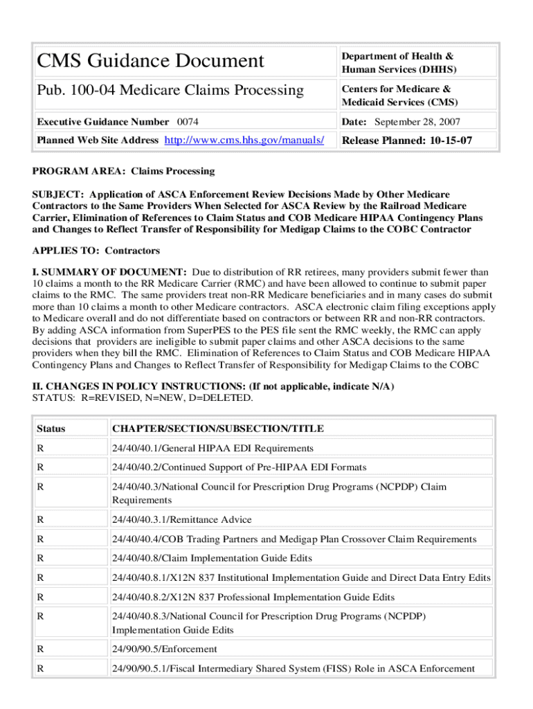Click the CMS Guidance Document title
coord(151,61)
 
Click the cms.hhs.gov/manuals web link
coord(244,141)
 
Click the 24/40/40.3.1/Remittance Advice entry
coord(182,519)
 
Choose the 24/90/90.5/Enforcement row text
coord(164,649)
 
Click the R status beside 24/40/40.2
coord(41,467)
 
